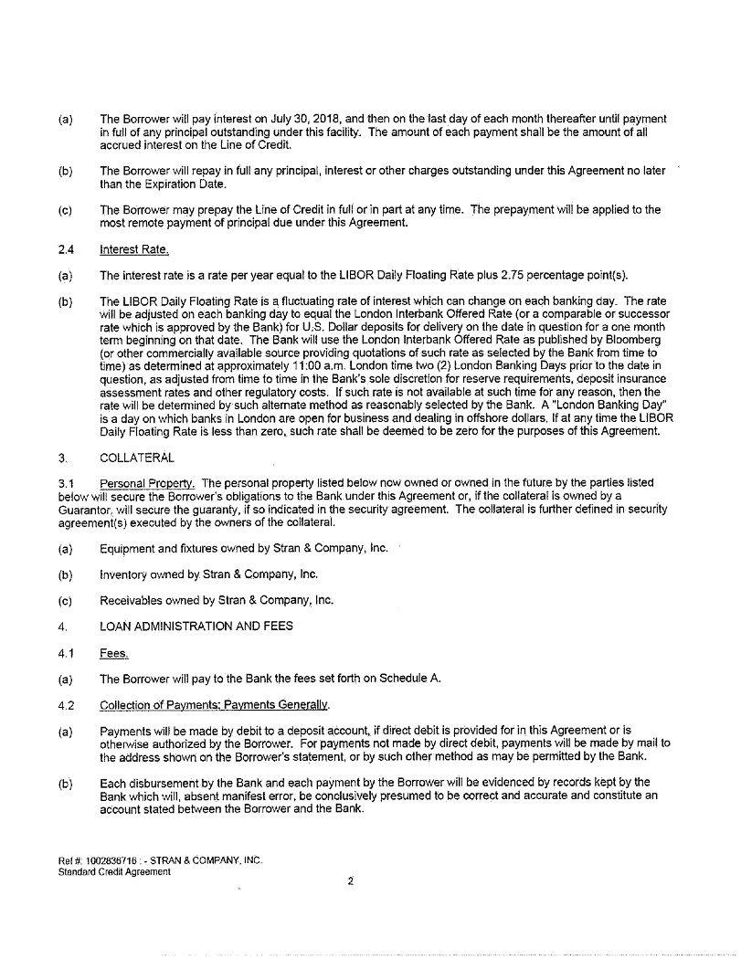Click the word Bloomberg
[636, 340]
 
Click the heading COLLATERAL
[136, 458]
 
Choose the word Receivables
[131, 600]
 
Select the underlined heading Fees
[114, 653]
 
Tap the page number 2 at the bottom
[350, 881]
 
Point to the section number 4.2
[65, 705]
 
